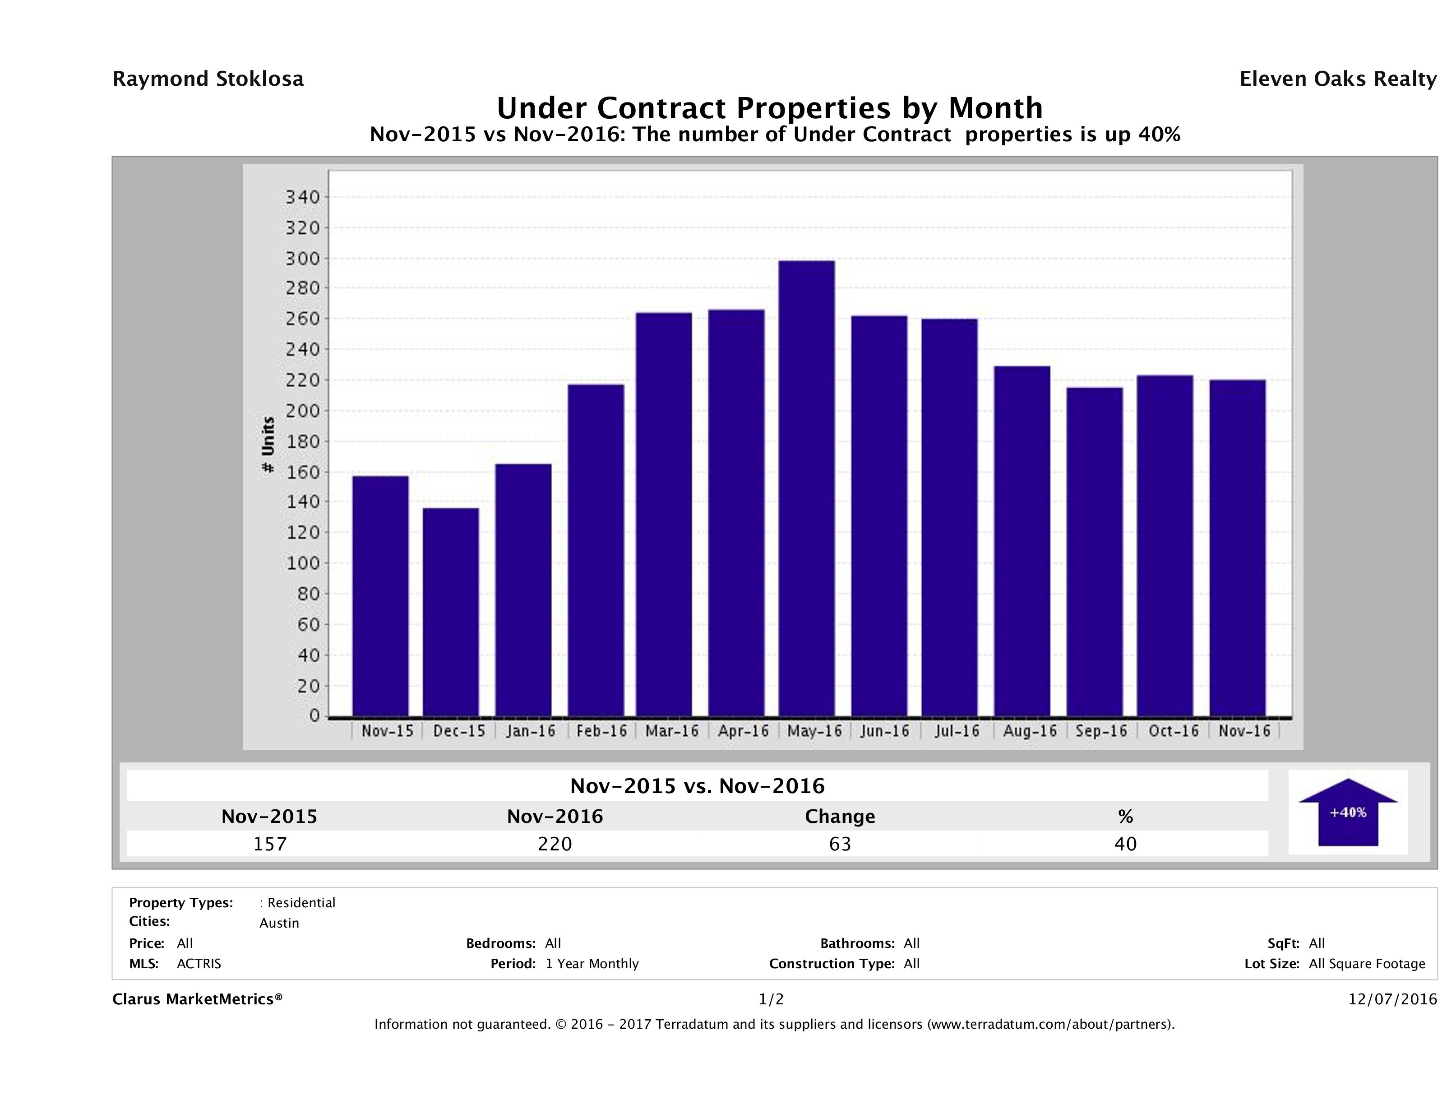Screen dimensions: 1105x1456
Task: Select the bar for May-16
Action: pyautogui.click(x=806, y=488)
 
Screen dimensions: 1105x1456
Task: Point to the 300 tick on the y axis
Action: pyautogui.click(x=302, y=259)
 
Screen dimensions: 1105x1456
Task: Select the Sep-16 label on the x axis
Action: pyautogui.click(x=1101, y=731)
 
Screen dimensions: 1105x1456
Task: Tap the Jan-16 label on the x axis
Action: pyautogui.click(x=531, y=731)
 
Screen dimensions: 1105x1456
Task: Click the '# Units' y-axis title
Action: pyautogui.click(x=268, y=445)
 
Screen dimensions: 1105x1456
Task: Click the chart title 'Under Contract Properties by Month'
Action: pyautogui.click(x=769, y=107)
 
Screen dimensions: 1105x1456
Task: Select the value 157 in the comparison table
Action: pyautogui.click(x=270, y=844)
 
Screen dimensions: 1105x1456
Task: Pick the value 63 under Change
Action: pyautogui.click(x=840, y=844)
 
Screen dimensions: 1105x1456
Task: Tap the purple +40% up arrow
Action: pyautogui.click(x=1347, y=812)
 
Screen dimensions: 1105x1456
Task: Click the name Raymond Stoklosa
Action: pyautogui.click(x=208, y=79)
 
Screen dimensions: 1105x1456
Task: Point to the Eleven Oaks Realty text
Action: pyautogui.click(x=1337, y=79)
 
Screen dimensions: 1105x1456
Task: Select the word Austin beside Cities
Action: pyautogui.click(x=279, y=923)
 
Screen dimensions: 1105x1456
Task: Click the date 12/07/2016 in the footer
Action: pyautogui.click(x=1392, y=1000)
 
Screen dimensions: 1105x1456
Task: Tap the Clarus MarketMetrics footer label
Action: pyautogui.click(x=198, y=1000)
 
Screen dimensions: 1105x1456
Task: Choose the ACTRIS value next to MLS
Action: pyautogui.click(x=199, y=964)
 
